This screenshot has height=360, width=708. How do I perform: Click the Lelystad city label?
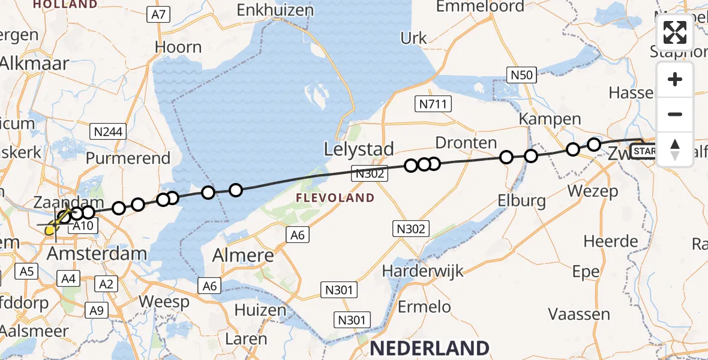359,149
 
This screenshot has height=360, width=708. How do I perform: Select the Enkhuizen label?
275,10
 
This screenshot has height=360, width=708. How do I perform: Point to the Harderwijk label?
424,271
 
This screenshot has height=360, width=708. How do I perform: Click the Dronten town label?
466,143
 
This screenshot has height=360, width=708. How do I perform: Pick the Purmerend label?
128,159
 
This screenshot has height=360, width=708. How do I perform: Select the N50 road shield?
521,75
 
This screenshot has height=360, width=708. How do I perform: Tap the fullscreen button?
675,32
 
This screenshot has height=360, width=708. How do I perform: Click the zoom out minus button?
675,114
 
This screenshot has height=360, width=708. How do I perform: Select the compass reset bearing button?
675,148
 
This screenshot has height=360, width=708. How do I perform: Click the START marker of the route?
644,151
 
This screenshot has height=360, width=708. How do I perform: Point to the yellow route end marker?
50,229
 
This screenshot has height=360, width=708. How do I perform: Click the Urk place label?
413,38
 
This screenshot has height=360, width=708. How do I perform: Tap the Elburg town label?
521,200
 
